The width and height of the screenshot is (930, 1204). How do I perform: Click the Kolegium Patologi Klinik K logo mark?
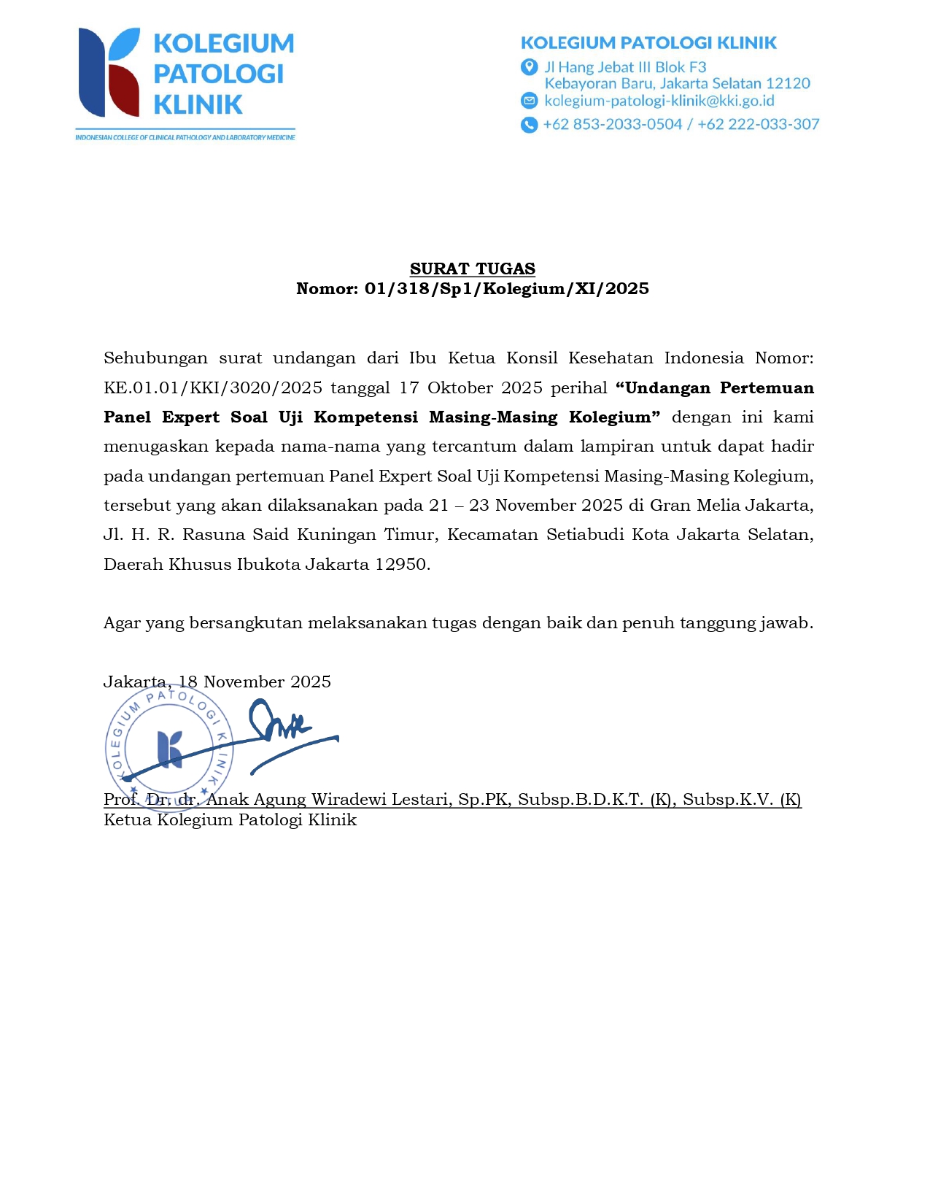pyautogui.click(x=109, y=72)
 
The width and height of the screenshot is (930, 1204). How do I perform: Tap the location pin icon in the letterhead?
pyautogui.click(x=529, y=67)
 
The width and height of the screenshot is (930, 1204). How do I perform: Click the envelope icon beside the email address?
pyautogui.click(x=529, y=101)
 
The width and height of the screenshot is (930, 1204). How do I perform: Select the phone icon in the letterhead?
pyautogui.click(x=529, y=125)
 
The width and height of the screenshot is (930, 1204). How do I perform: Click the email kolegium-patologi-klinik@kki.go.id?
pyautogui.click(x=659, y=101)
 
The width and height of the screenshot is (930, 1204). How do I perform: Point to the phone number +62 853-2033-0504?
pyautogui.click(x=613, y=125)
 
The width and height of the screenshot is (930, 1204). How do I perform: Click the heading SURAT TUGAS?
pyautogui.click(x=472, y=269)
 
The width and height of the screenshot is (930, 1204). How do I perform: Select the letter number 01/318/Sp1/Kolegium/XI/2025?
pyautogui.click(x=506, y=289)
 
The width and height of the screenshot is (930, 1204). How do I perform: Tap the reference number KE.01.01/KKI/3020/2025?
pyautogui.click(x=213, y=387)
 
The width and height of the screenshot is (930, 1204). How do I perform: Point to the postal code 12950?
pyautogui.click(x=402, y=564)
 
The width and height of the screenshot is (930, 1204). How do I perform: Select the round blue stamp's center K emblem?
pyautogui.click(x=170, y=749)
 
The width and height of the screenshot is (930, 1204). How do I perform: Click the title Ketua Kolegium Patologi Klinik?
pyautogui.click(x=230, y=819)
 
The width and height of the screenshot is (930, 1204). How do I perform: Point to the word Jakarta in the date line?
pyautogui.click(x=135, y=682)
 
